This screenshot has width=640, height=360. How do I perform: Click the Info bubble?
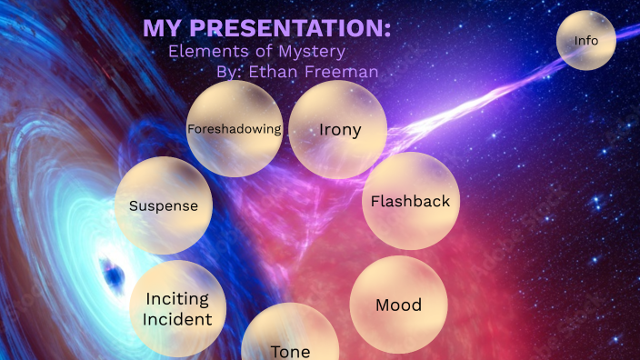(x=586, y=40)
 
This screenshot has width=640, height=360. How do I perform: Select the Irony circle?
(x=339, y=129)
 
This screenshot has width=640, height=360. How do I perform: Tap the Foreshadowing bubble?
(x=235, y=129)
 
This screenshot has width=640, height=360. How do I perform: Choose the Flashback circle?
(x=411, y=201)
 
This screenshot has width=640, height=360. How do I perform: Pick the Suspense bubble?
(x=164, y=205)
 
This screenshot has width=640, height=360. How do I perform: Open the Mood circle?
(x=398, y=305)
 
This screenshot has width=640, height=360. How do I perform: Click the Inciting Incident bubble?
(x=177, y=309)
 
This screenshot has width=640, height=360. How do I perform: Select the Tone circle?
(x=290, y=341)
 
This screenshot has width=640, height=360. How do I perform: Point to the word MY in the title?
(x=161, y=29)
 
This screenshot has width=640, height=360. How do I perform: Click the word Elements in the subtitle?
(x=203, y=51)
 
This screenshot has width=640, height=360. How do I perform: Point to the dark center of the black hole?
(x=113, y=271)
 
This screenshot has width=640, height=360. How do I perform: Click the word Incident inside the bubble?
(x=177, y=319)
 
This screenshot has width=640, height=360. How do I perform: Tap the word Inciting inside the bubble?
(x=177, y=299)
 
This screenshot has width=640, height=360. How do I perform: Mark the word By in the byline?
(x=229, y=70)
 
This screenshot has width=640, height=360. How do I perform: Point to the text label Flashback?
(x=411, y=201)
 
